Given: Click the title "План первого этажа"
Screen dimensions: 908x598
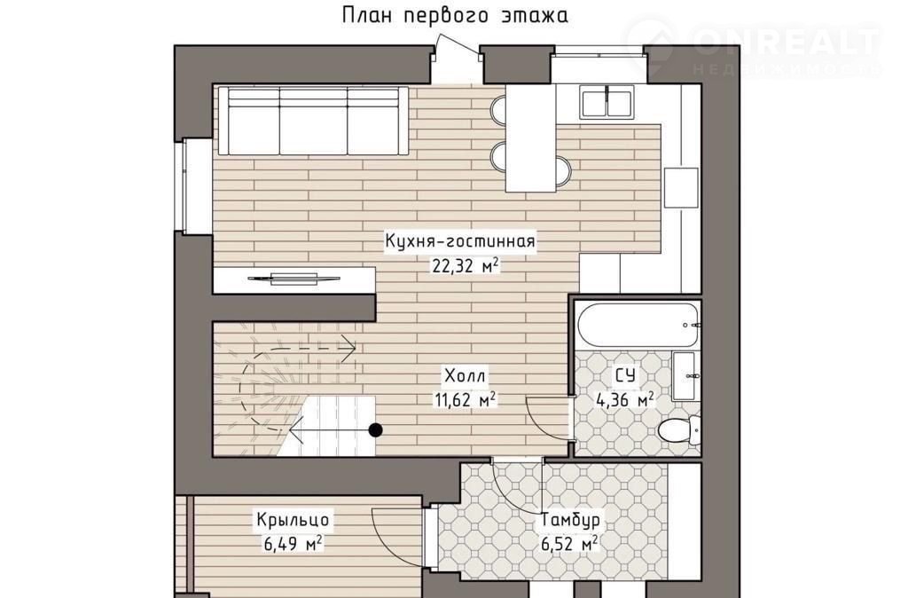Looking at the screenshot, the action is click(455, 16).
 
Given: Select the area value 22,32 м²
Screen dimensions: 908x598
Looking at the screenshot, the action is click(465, 266).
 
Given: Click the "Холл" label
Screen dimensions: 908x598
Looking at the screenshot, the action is click(465, 375).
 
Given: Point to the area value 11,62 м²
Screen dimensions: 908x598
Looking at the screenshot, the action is click(465, 399).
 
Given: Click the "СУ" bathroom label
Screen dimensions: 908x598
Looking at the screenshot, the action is click(625, 375).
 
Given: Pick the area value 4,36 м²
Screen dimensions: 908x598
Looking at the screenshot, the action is click(625, 399).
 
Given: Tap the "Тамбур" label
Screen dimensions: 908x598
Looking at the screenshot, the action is click(570, 520).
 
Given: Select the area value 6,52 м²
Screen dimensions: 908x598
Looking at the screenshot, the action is click(569, 544).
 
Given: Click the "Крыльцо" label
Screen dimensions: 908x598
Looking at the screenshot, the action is click(293, 519).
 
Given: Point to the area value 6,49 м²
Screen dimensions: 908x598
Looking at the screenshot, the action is click(293, 544).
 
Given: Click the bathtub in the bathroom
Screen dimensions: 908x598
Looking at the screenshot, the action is click(638, 325).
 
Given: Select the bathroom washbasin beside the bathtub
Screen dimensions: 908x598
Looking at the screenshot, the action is click(686, 376).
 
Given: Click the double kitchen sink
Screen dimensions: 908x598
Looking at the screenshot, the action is click(607, 102).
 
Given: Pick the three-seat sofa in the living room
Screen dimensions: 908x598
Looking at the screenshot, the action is click(313, 121).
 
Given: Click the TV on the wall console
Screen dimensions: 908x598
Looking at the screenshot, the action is click(294, 278).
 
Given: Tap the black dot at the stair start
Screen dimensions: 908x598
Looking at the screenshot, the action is click(376, 430).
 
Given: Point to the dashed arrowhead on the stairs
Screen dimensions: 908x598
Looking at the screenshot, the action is click(348, 349).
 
